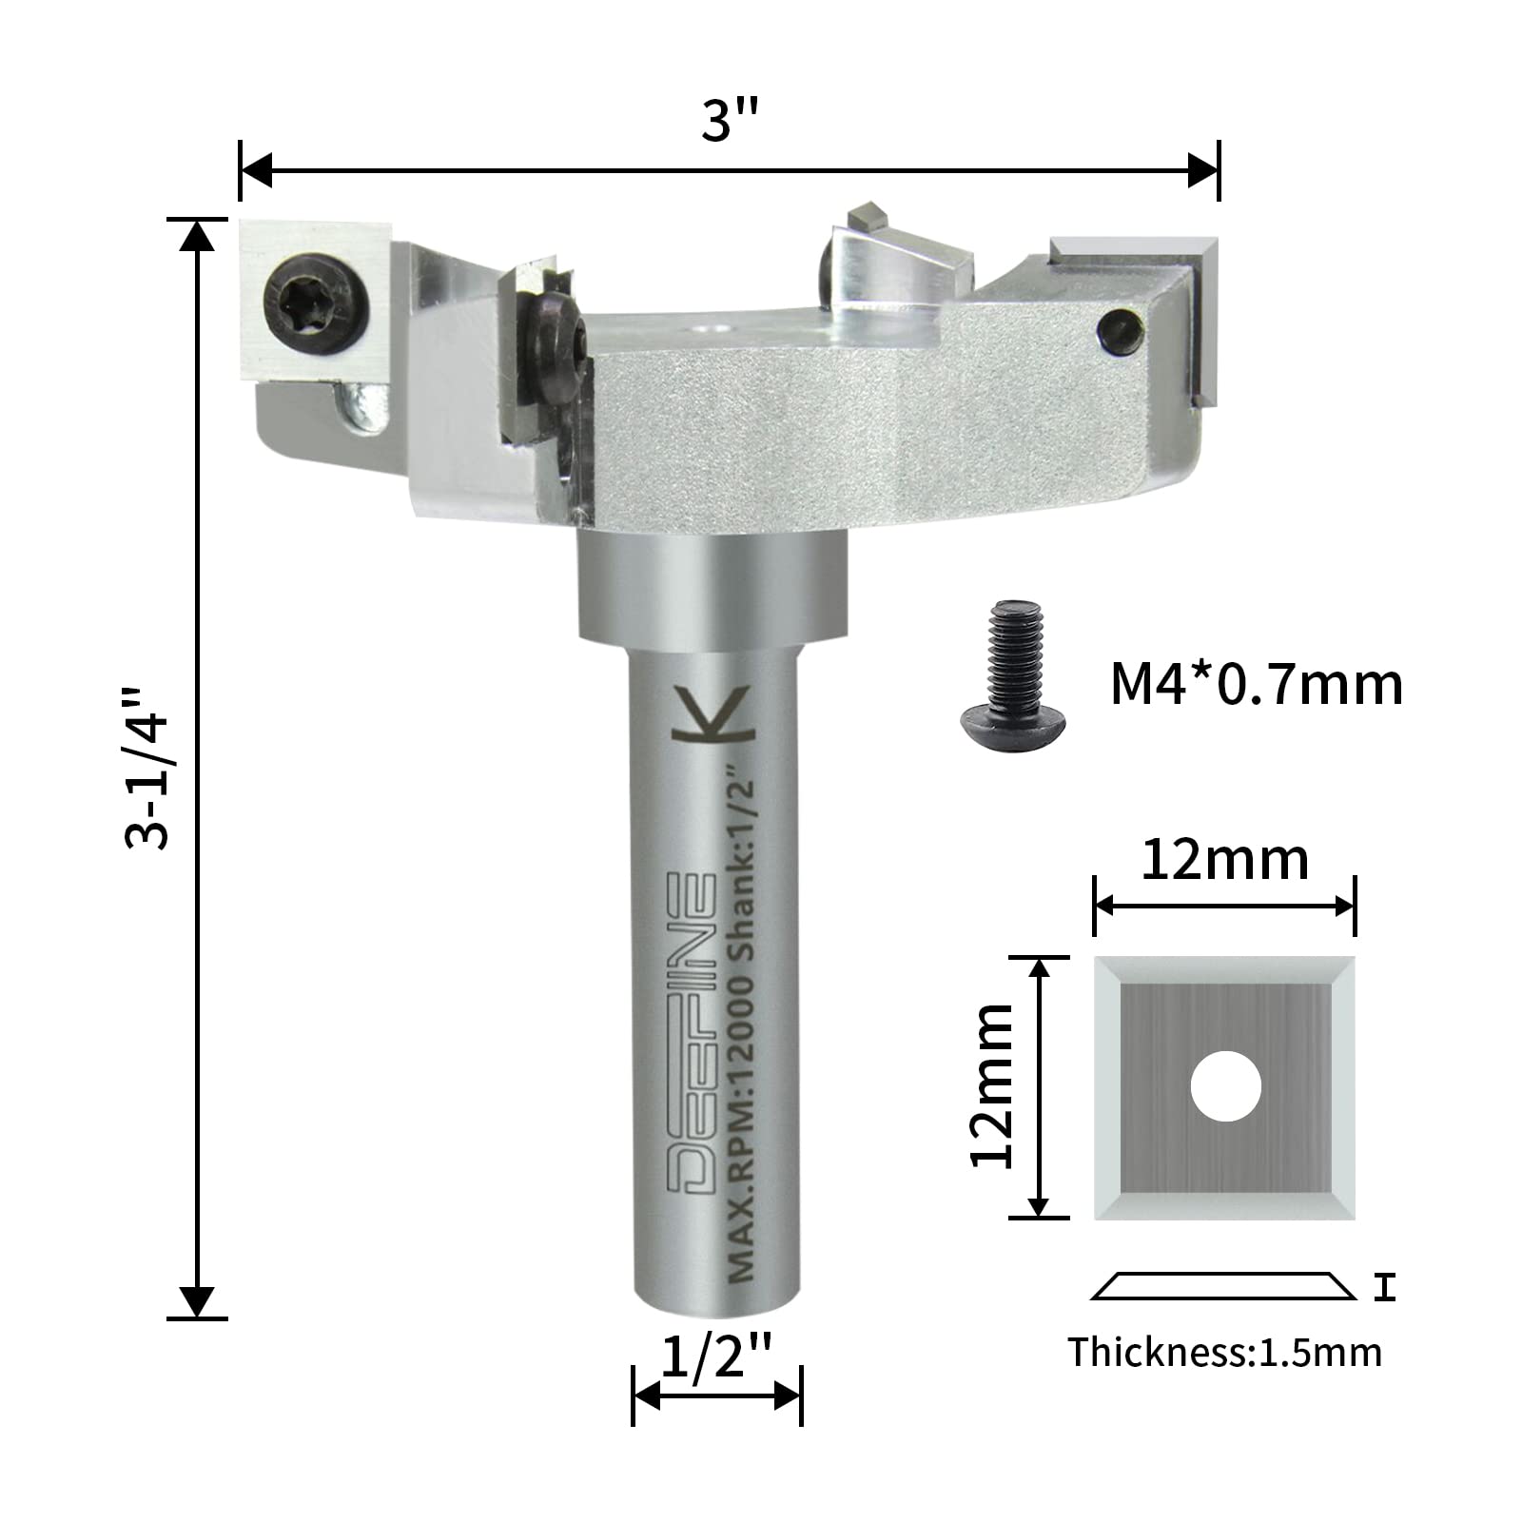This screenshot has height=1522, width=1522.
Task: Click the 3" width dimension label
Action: pos(731,120)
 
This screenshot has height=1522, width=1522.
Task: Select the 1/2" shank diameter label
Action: pos(715,1356)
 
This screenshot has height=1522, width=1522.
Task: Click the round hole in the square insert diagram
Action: pos(1225,1085)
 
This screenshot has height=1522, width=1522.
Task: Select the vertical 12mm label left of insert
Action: pos(991,1085)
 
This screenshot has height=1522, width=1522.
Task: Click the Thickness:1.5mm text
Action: pos(1224,1352)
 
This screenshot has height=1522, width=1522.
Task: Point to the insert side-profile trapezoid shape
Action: pos(1223,1285)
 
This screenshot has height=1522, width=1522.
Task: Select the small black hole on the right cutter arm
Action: pos(1121,332)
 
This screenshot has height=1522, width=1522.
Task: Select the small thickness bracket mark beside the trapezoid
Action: pos(1385,1289)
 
